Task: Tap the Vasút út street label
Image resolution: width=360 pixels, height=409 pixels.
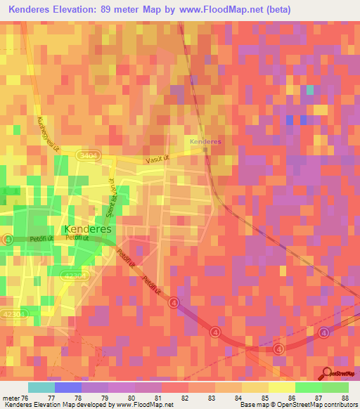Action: [155, 160]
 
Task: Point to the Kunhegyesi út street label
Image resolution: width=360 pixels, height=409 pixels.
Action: [49, 134]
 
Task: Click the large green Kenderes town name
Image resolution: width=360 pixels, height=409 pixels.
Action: [88, 229]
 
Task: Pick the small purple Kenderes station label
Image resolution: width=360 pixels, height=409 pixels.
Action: [205, 141]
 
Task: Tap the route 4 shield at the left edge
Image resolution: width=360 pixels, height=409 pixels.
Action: [7, 240]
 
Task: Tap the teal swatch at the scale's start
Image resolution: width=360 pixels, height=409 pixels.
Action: [41, 387]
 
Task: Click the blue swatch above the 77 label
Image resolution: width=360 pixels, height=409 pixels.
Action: [68, 387]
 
